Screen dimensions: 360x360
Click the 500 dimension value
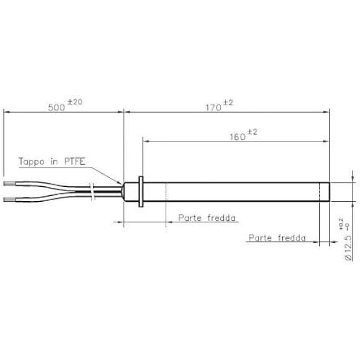[57, 107]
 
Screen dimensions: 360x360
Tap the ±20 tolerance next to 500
[75, 102]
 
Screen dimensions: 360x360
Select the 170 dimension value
[213, 107]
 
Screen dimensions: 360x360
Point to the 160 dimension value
[237, 137]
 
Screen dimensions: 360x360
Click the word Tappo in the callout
[32, 162]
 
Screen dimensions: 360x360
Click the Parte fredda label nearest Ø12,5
[277, 238]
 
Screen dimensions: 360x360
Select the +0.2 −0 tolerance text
[347, 224]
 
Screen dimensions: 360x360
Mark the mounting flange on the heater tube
[141, 192]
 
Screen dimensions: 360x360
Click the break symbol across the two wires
[93, 192]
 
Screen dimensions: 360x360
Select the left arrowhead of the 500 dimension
[6, 111]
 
